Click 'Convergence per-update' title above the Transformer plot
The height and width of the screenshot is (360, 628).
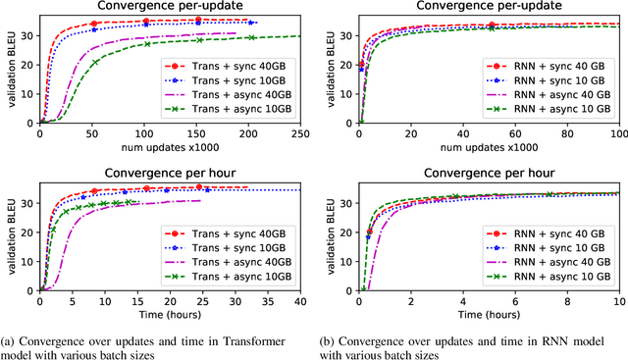(x=170, y=7)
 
